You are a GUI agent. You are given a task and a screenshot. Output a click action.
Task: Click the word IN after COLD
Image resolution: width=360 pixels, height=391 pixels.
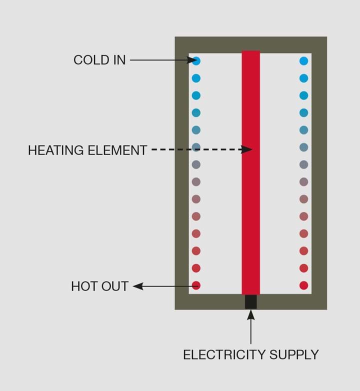[x=118, y=60]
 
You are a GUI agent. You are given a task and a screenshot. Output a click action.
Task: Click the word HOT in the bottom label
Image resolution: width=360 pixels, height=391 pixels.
[x=83, y=286]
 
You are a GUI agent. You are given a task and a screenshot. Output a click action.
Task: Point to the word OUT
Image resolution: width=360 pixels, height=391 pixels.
[x=114, y=286]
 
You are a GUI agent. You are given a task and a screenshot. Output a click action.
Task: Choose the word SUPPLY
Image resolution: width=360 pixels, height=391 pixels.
[x=294, y=355]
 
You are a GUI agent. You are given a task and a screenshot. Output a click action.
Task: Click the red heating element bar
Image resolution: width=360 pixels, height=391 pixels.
[x=250, y=200]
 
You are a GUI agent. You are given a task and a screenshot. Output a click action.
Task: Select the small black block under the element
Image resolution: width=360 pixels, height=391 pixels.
[x=250, y=301]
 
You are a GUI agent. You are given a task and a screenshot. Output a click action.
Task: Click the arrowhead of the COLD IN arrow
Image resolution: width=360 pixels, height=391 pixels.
[x=193, y=60]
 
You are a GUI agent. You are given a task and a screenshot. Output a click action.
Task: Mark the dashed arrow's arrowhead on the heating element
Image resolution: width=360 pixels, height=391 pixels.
[x=247, y=149]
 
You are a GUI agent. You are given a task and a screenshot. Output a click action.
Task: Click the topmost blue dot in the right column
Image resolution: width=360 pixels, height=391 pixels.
[x=303, y=61]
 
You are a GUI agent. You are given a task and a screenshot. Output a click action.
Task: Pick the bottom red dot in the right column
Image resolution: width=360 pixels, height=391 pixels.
[x=303, y=285]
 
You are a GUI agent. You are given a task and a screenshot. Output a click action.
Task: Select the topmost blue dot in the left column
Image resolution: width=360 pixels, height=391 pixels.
[x=196, y=61]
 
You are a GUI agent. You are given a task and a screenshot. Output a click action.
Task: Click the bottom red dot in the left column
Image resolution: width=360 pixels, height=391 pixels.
[x=196, y=285]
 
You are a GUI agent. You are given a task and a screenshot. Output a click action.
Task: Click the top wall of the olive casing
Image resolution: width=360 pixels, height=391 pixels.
[x=250, y=44]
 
